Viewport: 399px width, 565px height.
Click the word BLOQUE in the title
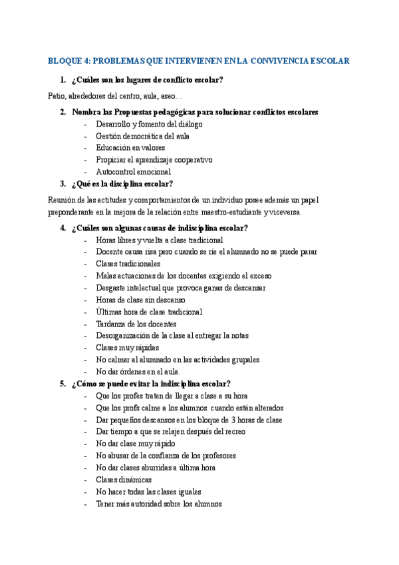pos(64,61)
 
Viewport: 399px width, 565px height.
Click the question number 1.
pos(63,81)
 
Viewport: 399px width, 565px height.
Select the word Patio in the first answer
pos(57,97)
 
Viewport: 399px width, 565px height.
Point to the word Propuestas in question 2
pos(136,112)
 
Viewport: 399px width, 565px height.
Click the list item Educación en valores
pos(130,148)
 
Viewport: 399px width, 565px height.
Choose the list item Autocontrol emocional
pos(133,172)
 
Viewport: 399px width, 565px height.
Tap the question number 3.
pos(63,184)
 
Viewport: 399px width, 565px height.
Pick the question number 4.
pos(63,228)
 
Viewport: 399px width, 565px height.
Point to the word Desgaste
pos(112,288)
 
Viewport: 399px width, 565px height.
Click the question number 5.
pos(63,384)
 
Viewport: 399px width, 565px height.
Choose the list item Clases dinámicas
pos(124,480)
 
